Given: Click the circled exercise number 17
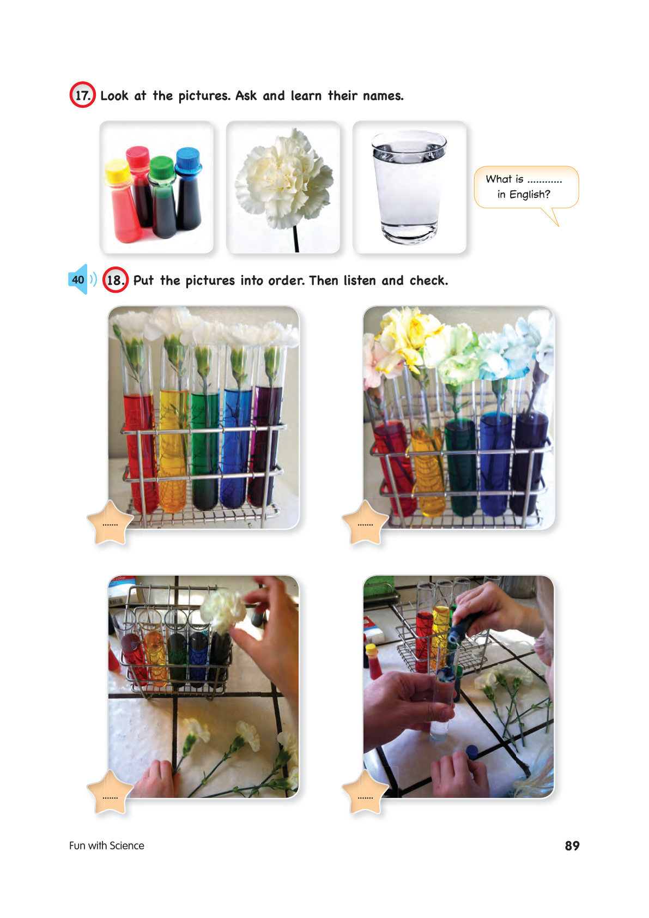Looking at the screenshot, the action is click(82, 95).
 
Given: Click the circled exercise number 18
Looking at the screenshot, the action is click(115, 280).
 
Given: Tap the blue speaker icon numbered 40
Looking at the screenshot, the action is click(78, 280).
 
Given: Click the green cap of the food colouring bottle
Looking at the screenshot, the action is click(161, 167).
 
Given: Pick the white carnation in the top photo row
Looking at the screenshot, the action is click(284, 178).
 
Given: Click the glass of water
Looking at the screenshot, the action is click(409, 188).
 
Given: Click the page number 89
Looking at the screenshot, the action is click(572, 845).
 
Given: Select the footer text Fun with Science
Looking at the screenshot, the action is click(106, 845).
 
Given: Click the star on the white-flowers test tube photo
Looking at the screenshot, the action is click(110, 523).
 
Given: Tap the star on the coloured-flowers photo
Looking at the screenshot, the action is click(365, 523).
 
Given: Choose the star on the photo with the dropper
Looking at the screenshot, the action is click(365, 792).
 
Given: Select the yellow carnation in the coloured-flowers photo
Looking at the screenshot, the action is click(410, 332).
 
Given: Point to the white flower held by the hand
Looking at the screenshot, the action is click(223, 610).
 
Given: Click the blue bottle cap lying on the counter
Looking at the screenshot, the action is click(472, 751).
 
